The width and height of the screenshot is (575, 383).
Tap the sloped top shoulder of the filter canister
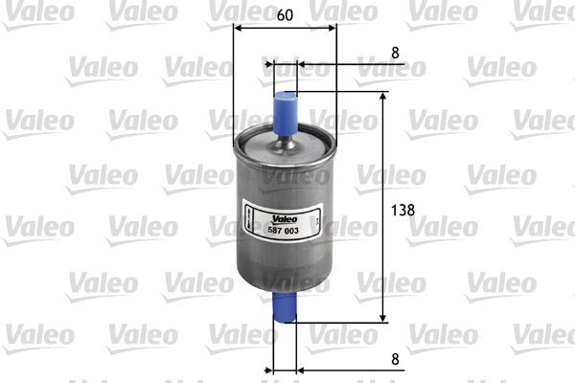tap(259, 144)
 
